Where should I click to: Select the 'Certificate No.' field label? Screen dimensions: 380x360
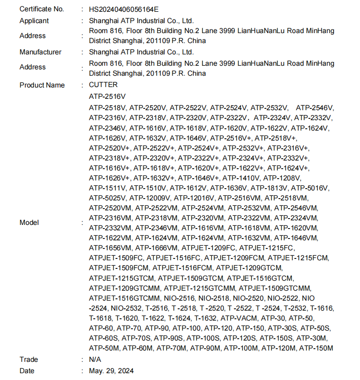click(42, 9)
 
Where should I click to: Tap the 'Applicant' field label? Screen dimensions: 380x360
click(34, 21)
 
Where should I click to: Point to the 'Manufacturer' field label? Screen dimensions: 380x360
click(40, 52)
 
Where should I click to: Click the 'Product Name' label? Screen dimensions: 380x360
click(42, 85)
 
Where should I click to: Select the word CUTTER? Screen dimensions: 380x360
click(103, 85)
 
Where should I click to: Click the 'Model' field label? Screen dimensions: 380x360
click(29, 223)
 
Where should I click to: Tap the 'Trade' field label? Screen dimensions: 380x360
click(29, 360)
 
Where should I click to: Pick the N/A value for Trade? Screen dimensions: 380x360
click(95, 360)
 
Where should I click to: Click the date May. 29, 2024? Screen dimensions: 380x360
click(111, 371)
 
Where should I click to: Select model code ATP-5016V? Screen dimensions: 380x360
click(311, 188)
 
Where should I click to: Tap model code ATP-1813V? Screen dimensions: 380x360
click(269, 188)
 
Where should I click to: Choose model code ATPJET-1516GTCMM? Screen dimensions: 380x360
click(124, 298)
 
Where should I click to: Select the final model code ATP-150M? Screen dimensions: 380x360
click(316, 348)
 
